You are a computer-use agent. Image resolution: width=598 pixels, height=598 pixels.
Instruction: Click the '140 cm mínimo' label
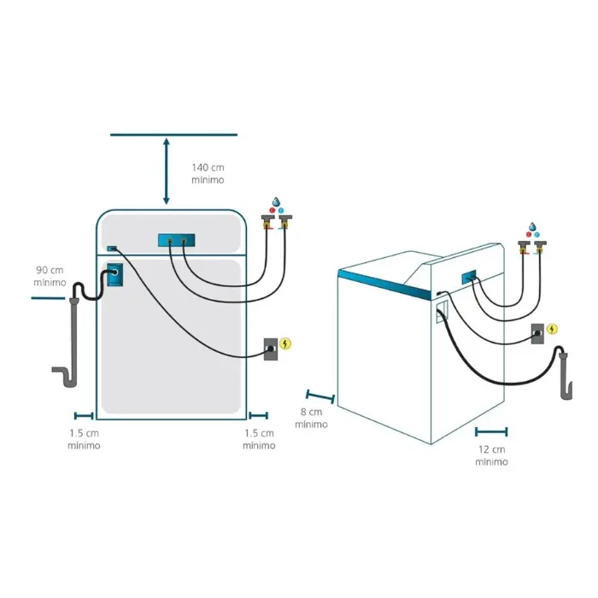click(x=208, y=173)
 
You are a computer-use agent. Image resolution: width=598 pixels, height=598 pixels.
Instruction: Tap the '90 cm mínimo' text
click(x=50, y=276)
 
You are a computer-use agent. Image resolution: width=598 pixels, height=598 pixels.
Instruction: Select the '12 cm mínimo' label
click(x=491, y=455)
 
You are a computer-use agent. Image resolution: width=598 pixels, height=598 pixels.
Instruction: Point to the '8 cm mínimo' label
click(x=312, y=418)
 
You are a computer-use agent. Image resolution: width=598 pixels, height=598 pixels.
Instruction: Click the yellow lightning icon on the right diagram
click(x=552, y=328)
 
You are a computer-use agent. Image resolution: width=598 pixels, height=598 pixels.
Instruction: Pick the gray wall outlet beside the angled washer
click(x=536, y=333)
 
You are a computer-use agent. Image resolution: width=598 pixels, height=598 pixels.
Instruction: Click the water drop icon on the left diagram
click(x=275, y=201)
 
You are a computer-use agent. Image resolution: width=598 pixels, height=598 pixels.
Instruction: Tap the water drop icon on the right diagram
click(x=531, y=227)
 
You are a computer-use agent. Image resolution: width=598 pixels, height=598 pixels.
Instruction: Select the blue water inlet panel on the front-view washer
click(x=177, y=242)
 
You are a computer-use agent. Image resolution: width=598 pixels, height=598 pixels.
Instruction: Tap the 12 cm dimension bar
click(x=491, y=431)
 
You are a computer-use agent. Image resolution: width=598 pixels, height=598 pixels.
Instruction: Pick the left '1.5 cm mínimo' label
click(x=84, y=439)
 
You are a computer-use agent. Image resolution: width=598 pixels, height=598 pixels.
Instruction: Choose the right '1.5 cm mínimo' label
click(x=259, y=439)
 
